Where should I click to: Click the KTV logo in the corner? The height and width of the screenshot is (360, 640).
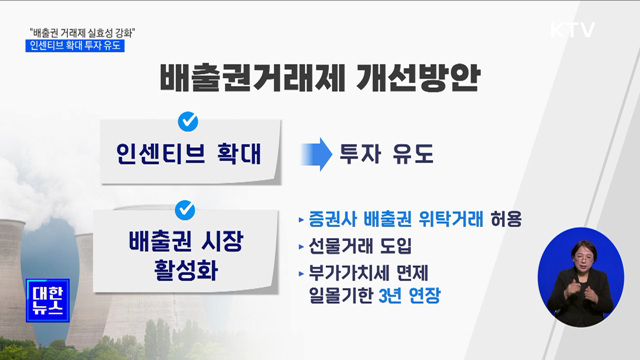click(573, 28)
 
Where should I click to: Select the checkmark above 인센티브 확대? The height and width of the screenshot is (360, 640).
click(185, 122)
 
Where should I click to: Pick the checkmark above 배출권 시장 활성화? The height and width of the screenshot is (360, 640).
click(185, 210)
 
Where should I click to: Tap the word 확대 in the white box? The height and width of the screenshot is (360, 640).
click(234, 155)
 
